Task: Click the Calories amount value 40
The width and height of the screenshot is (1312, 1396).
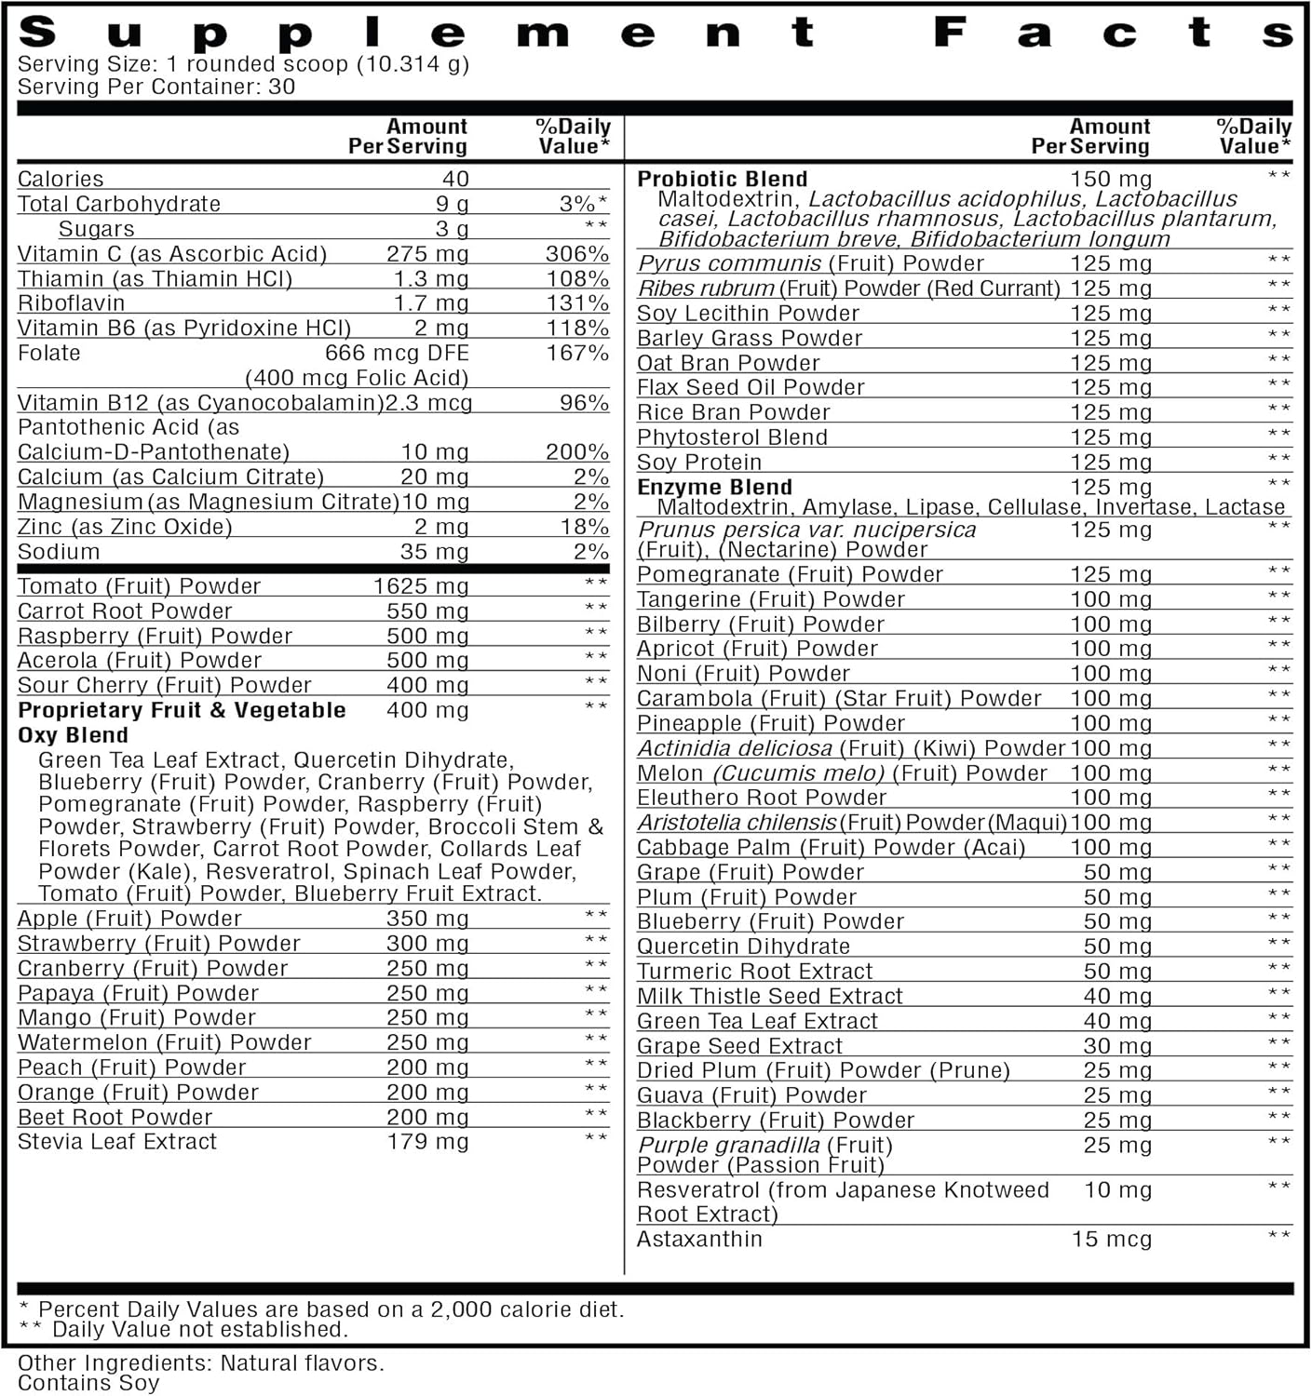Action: click(455, 179)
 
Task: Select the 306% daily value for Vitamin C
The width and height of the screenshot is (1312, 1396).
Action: click(576, 254)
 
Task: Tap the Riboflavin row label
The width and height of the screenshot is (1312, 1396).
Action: click(71, 303)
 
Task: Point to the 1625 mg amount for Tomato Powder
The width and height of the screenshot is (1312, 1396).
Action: click(420, 586)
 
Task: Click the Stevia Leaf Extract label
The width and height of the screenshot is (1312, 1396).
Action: click(117, 1142)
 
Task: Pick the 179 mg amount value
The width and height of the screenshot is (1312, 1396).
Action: click(427, 1142)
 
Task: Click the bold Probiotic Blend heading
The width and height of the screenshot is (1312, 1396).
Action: click(722, 179)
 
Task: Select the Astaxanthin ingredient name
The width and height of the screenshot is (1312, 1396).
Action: click(699, 1240)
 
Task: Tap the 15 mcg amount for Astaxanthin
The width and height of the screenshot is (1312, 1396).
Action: click(1111, 1240)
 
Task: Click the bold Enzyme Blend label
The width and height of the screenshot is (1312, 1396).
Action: click(714, 487)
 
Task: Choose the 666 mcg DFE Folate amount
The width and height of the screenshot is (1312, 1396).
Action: click(397, 354)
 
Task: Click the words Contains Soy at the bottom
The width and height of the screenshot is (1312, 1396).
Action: click(88, 1383)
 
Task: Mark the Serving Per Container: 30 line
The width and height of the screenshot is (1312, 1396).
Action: click(156, 87)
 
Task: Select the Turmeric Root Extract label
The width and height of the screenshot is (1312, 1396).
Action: click(754, 972)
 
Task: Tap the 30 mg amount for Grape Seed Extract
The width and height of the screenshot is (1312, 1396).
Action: click(1117, 1046)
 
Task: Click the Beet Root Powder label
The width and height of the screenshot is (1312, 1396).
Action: click(115, 1118)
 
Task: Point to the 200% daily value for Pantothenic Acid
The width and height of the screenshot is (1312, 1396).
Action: click(576, 452)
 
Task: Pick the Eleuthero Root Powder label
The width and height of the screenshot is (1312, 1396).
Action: click(761, 798)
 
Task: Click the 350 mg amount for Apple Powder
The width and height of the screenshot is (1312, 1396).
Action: click(427, 919)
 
